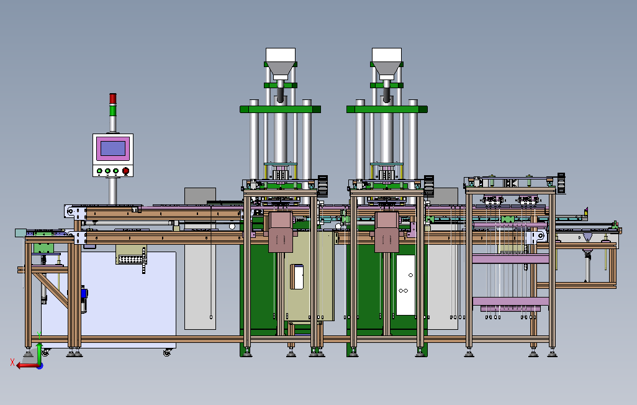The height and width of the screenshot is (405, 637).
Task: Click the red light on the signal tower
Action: [x=113, y=98]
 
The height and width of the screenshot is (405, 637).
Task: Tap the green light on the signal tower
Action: [x=113, y=109]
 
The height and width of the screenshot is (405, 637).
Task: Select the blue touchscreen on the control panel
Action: [x=113, y=148]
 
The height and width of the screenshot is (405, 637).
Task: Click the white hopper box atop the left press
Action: [x=280, y=55]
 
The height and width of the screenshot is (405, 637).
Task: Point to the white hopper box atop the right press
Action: [x=387, y=55]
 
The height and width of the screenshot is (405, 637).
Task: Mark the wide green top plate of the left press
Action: [x=280, y=109]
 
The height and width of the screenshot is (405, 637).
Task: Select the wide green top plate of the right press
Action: [x=387, y=109]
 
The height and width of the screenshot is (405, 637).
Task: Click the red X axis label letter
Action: [x=12, y=362]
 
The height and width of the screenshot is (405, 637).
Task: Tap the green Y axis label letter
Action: [x=39, y=335]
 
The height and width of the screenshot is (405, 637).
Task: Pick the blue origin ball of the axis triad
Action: [x=40, y=366]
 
